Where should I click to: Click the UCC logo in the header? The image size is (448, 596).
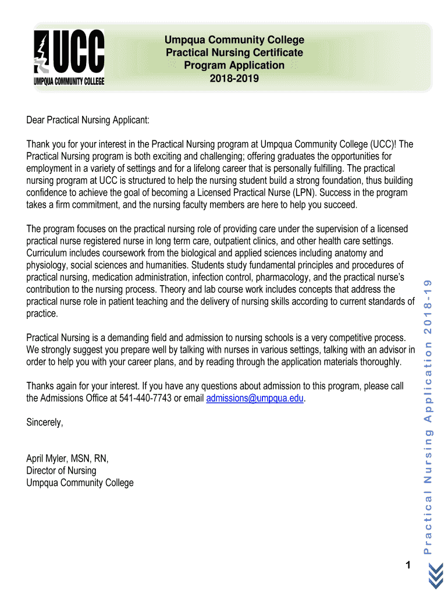68,58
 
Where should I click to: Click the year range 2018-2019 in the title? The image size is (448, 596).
234,78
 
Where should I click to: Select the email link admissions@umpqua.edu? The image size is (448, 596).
255,398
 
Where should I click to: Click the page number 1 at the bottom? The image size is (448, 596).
408,565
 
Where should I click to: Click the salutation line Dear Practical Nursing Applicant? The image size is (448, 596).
88,120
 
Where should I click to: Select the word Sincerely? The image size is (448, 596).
45,423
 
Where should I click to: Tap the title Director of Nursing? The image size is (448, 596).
61,470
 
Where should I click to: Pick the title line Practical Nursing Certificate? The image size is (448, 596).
234,52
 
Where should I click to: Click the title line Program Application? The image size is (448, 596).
234,65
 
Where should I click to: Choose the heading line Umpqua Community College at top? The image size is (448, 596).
234,40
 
